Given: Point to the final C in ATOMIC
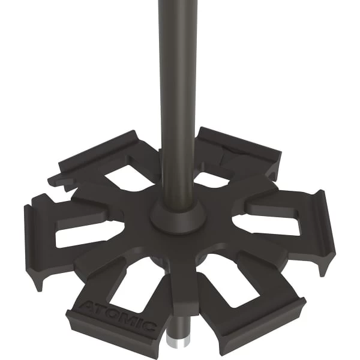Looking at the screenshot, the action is (149, 326).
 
